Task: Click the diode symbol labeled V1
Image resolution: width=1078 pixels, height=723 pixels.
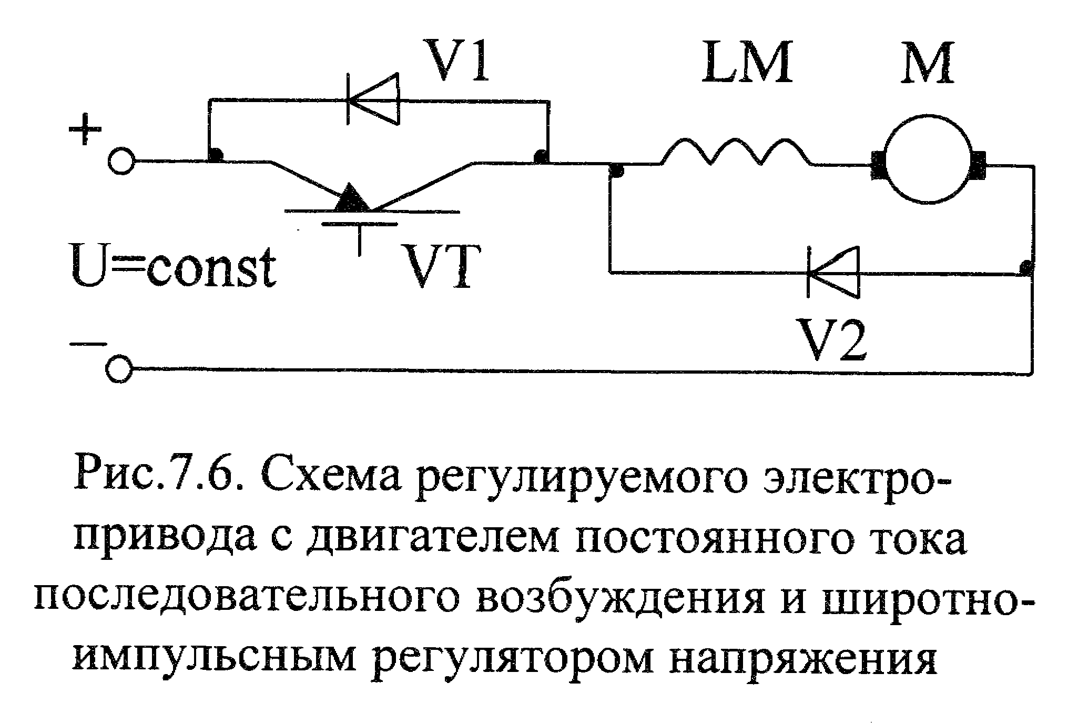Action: (x=373, y=99)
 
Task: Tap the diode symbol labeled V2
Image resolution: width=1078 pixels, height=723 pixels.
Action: (x=833, y=273)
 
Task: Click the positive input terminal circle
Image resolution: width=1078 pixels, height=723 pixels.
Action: (x=121, y=160)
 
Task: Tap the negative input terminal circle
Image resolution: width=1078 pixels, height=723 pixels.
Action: (x=120, y=370)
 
